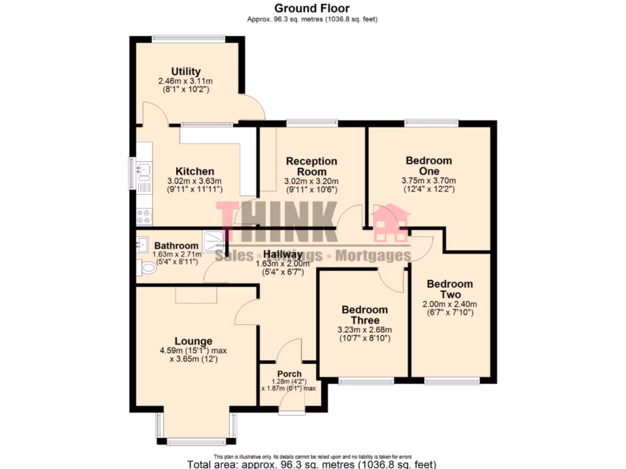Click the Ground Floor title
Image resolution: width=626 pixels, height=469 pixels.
pos(312,9)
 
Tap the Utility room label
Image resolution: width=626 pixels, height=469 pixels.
pos(186,71)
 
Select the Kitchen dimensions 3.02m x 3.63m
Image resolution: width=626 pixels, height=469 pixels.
pos(195,181)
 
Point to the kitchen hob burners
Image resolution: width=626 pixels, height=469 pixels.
pos(144,214)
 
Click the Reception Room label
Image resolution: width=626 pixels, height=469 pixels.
pos(312,167)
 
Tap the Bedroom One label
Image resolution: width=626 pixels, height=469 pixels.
pos(429,166)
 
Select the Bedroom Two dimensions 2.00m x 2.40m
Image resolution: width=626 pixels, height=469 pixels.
pos(449,305)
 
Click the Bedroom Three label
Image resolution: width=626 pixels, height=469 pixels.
pos(364,315)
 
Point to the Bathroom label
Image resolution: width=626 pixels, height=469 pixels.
pos(176,246)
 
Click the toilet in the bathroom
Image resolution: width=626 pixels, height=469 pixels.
pos(147,268)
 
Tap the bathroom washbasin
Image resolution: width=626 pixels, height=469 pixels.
pos(142,243)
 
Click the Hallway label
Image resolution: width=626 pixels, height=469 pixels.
pos(282,255)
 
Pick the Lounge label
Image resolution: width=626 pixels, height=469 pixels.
pos(193,341)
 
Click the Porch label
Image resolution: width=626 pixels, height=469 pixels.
pos(289,374)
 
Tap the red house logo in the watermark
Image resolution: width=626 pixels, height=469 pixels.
pos(391,224)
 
